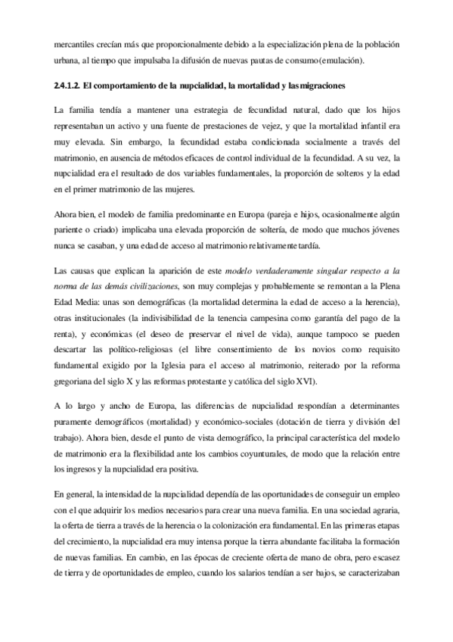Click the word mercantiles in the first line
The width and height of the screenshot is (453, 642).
point(76,45)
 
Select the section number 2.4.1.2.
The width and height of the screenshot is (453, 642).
point(70,86)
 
